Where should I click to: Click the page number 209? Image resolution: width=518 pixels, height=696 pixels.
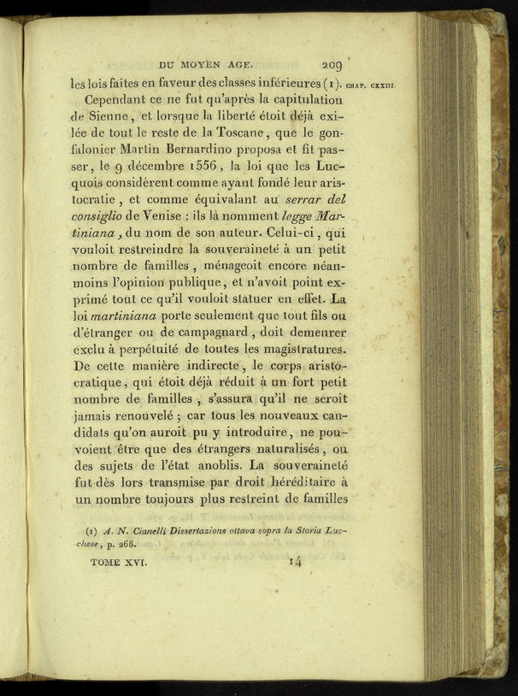click(x=331, y=62)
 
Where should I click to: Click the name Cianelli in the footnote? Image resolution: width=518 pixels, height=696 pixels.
click(x=153, y=530)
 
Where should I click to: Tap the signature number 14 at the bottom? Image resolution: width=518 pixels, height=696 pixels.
click(x=296, y=562)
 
